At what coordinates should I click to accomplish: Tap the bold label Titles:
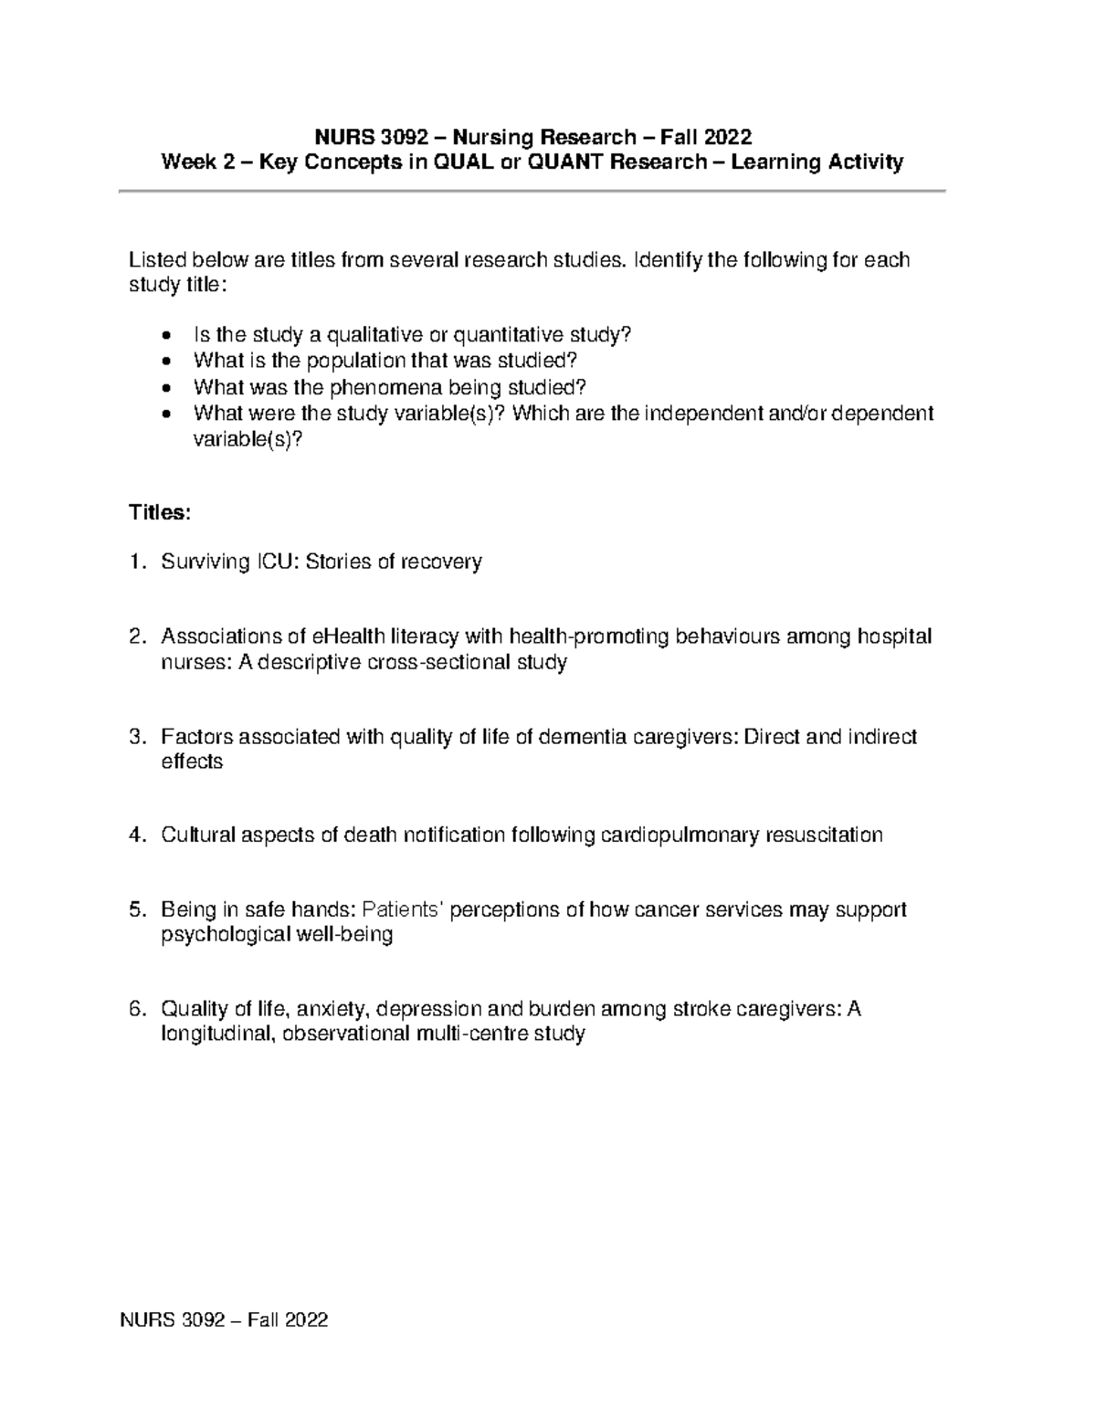click(160, 512)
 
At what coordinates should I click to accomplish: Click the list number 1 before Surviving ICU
click(136, 562)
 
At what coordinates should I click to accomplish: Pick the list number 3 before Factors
click(136, 736)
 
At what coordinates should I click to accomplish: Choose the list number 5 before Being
click(136, 909)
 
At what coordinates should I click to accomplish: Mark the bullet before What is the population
click(164, 361)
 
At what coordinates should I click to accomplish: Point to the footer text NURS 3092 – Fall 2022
click(224, 1319)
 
